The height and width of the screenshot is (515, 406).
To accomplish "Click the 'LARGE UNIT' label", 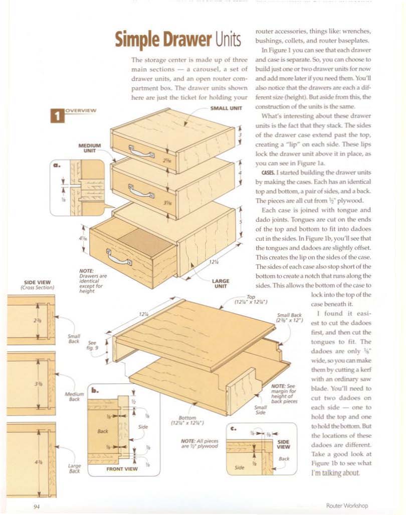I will click(x=221, y=284).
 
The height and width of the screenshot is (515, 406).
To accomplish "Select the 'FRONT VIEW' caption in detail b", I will click(x=122, y=469).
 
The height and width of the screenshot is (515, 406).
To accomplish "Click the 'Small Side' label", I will click(x=260, y=410).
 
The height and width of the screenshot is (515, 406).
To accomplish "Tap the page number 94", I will click(x=37, y=505).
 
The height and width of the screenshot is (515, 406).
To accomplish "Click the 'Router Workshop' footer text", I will click(x=347, y=505).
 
